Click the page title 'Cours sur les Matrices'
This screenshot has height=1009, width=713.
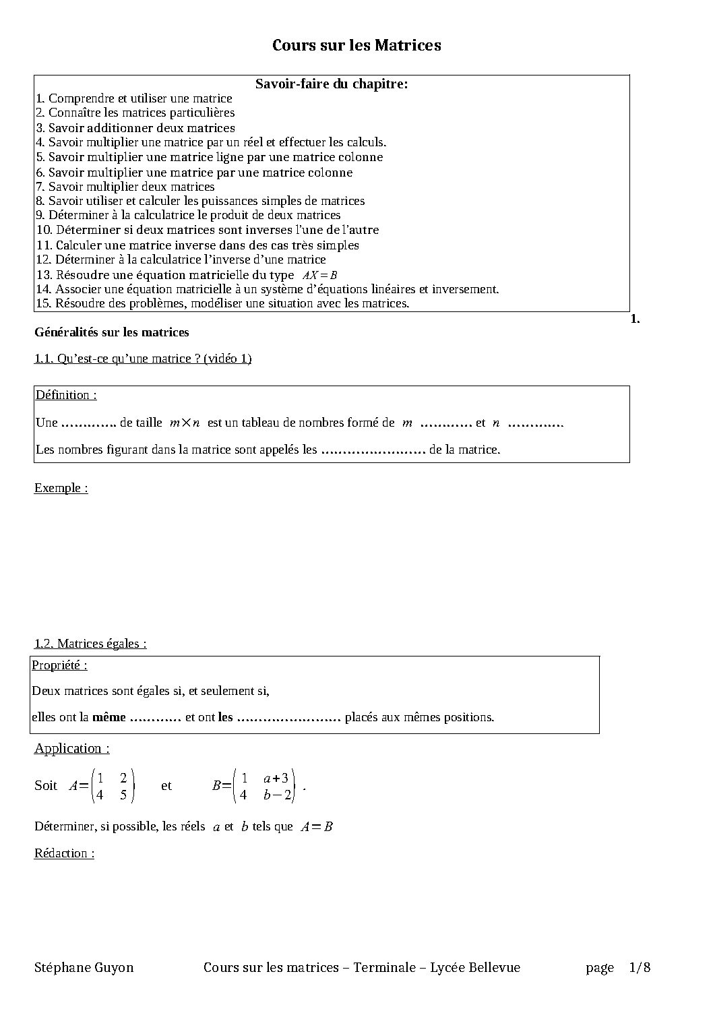tap(356, 45)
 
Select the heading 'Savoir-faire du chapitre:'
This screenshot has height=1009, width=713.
tap(332, 84)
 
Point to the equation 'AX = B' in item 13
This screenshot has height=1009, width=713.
tap(319, 275)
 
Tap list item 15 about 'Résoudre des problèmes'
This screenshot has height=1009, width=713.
tap(222, 303)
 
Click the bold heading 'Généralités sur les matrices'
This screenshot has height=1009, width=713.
tap(112, 332)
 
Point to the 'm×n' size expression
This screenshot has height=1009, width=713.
tap(185, 423)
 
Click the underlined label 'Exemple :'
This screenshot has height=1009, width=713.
tap(61, 488)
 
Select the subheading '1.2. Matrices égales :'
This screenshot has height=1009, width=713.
tap(90, 644)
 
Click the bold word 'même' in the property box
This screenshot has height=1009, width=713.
tap(109, 717)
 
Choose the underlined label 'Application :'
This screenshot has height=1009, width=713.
tap(71, 748)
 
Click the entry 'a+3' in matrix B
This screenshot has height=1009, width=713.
tap(276, 778)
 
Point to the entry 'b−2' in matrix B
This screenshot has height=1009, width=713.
tap(277, 795)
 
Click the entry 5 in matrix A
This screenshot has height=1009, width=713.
tap(123, 795)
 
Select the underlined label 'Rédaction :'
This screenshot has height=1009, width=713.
tap(64, 853)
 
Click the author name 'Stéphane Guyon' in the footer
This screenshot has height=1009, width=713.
tap(84, 968)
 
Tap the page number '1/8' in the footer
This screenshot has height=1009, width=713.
tap(640, 968)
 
